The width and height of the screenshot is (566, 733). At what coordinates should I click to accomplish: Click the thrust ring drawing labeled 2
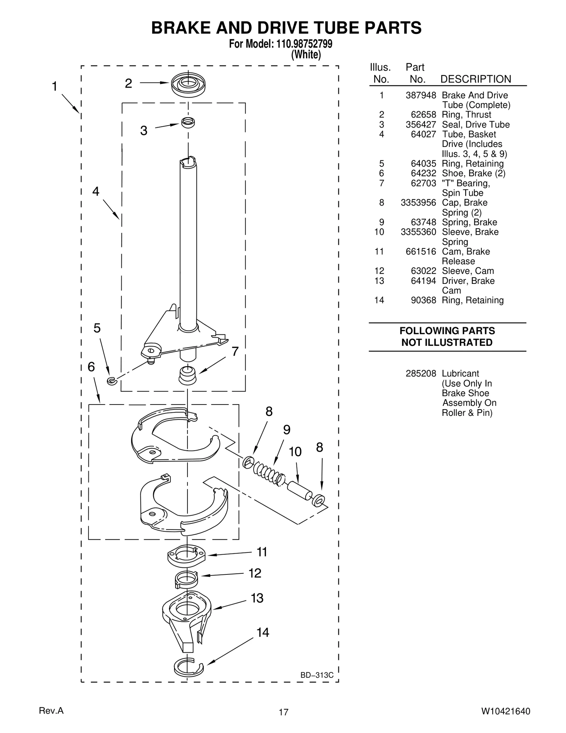(188, 85)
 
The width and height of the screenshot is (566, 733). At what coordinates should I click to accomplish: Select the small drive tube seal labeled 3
(188, 122)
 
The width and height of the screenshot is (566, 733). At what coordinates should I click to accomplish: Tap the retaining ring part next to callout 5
(112, 381)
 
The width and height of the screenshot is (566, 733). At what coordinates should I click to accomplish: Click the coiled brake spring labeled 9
(269, 474)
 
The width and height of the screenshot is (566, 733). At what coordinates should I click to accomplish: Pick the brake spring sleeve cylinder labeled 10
(299, 491)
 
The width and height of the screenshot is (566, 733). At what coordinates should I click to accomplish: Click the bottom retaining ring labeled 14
(188, 667)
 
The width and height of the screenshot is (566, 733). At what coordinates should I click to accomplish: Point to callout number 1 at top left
(54, 86)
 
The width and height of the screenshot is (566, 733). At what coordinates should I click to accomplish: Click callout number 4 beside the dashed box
(96, 191)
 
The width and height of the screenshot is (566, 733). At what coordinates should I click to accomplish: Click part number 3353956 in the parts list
(418, 202)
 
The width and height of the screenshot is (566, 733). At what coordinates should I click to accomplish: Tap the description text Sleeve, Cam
(468, 271)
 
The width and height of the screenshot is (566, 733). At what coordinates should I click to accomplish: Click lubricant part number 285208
(421, 373)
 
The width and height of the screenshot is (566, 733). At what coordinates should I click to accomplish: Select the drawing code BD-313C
(317, 675)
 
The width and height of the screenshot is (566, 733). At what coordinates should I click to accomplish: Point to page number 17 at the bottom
(283, 712)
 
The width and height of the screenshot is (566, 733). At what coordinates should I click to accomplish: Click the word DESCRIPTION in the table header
(475, 79)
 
